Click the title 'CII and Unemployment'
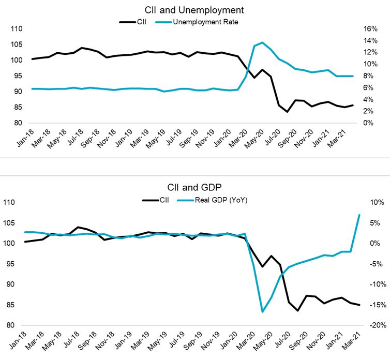[x=195, y=10]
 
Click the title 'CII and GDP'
[x=195, y=189]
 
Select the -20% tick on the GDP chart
[x=373, y=325]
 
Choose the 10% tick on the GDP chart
[x=374, y=202]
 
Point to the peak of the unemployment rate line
[x=262, y=42]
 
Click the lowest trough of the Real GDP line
[x=262, y=312]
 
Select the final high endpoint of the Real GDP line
[x=359, y=215]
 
